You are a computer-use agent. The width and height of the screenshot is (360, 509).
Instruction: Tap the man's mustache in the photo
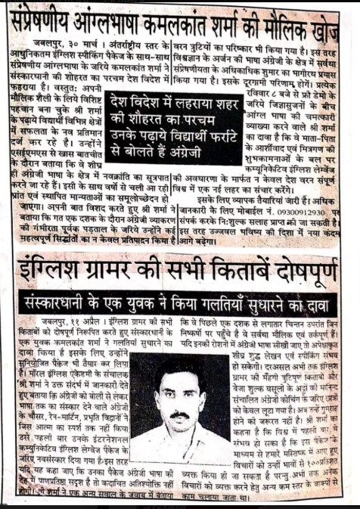tap(179, 415)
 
